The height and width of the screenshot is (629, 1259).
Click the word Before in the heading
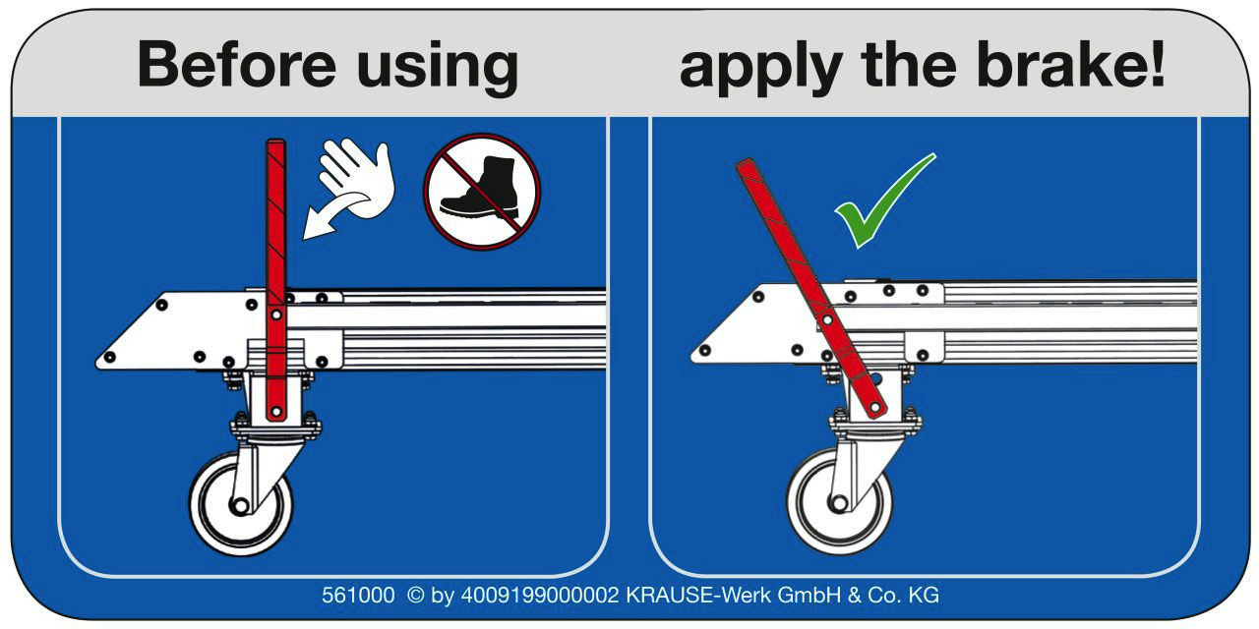[237, 64]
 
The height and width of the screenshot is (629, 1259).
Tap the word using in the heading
[438, 69]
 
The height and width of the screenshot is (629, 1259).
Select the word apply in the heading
[760, 69]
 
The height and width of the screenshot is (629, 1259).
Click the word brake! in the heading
[1071, 64]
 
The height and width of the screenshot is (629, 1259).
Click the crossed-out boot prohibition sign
[482, 192]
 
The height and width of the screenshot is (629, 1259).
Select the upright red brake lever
[276, 280]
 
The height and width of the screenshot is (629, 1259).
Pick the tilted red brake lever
[811, 289]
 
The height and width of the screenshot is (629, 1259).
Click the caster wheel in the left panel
[241, 504]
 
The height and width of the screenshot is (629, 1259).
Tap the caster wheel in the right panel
[839, 501]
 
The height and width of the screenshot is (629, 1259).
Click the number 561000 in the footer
[358, 596]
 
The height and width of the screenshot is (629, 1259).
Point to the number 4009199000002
[540, 596]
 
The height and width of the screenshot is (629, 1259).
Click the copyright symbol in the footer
[415, 596]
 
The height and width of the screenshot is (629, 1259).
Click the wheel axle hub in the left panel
[240, 506]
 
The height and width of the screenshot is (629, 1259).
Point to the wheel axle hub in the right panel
[839, 503]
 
